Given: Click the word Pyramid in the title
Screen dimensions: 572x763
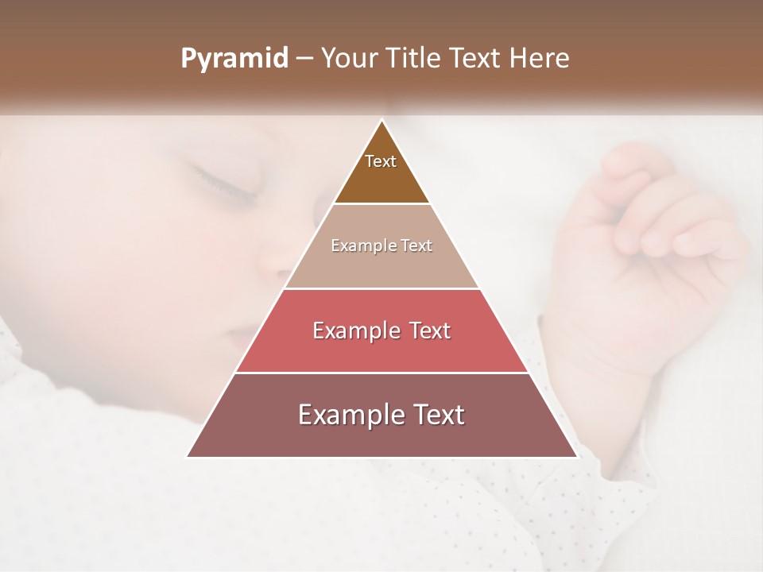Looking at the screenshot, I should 234,59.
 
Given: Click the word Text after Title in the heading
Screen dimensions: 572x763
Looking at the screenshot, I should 478,59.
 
